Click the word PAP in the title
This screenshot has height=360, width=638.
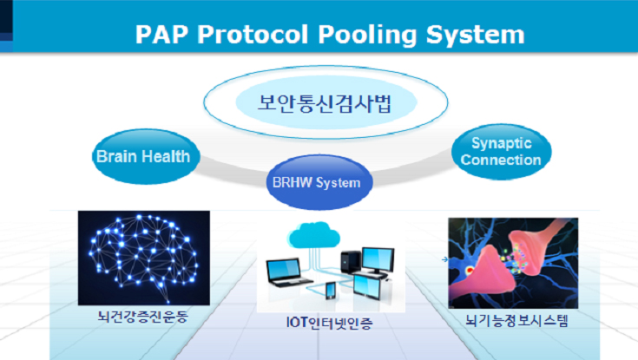coord(161,34)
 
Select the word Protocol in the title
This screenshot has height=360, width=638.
coord(253,34)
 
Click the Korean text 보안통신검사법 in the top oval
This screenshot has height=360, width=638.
coord(326,103)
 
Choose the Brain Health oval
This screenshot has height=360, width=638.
coord(146,157)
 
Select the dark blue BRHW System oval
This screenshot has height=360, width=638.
coord(319,182)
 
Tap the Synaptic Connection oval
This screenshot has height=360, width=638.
coord(502,151)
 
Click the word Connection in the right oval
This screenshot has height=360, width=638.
coord(501,160)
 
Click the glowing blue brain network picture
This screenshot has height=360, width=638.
coord(144,258)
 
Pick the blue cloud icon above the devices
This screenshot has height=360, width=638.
coord(313,235)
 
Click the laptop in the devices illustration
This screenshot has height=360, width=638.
coord(288,272)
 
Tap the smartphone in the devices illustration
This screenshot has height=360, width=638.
coord(331,291)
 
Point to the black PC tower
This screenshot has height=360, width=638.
coord(351,262)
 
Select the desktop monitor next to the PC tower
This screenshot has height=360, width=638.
coord(378,260)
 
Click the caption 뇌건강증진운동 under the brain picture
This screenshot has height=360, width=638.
coord(143,317)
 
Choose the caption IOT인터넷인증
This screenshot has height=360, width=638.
coord(329,323)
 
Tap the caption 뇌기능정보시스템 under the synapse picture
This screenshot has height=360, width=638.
coord(516,321)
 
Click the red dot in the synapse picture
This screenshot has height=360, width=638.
coord(470,269)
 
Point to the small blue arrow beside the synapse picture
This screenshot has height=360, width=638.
coord(444,259)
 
